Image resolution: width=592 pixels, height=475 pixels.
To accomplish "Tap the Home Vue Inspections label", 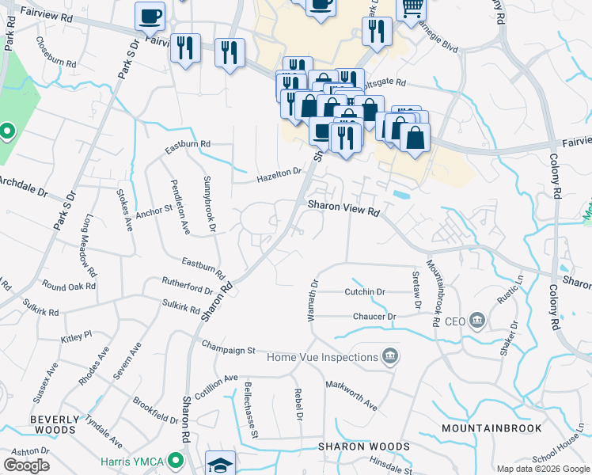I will point(322,357).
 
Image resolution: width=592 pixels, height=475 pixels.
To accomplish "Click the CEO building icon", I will point(477,321).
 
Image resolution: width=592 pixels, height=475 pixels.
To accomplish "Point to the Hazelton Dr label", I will point(279,176).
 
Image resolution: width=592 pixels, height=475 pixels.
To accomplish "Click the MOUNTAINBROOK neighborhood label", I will point(491,428).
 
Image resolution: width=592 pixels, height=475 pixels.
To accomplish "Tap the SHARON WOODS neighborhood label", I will point(364,446).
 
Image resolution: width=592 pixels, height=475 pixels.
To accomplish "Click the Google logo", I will point(26,465).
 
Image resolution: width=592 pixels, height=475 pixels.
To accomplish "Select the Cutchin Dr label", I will point(364,292).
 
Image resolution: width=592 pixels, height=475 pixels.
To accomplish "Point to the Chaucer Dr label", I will point(375,317).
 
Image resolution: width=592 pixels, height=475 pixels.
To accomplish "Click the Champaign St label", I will point(229,348).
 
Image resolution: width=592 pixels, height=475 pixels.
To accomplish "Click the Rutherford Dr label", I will point(187,284).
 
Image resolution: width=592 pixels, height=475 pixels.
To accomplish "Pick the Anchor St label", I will point(154,211).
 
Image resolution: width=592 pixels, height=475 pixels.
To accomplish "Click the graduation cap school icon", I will point(221,464).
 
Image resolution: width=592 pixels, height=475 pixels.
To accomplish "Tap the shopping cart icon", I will point(412,8).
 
